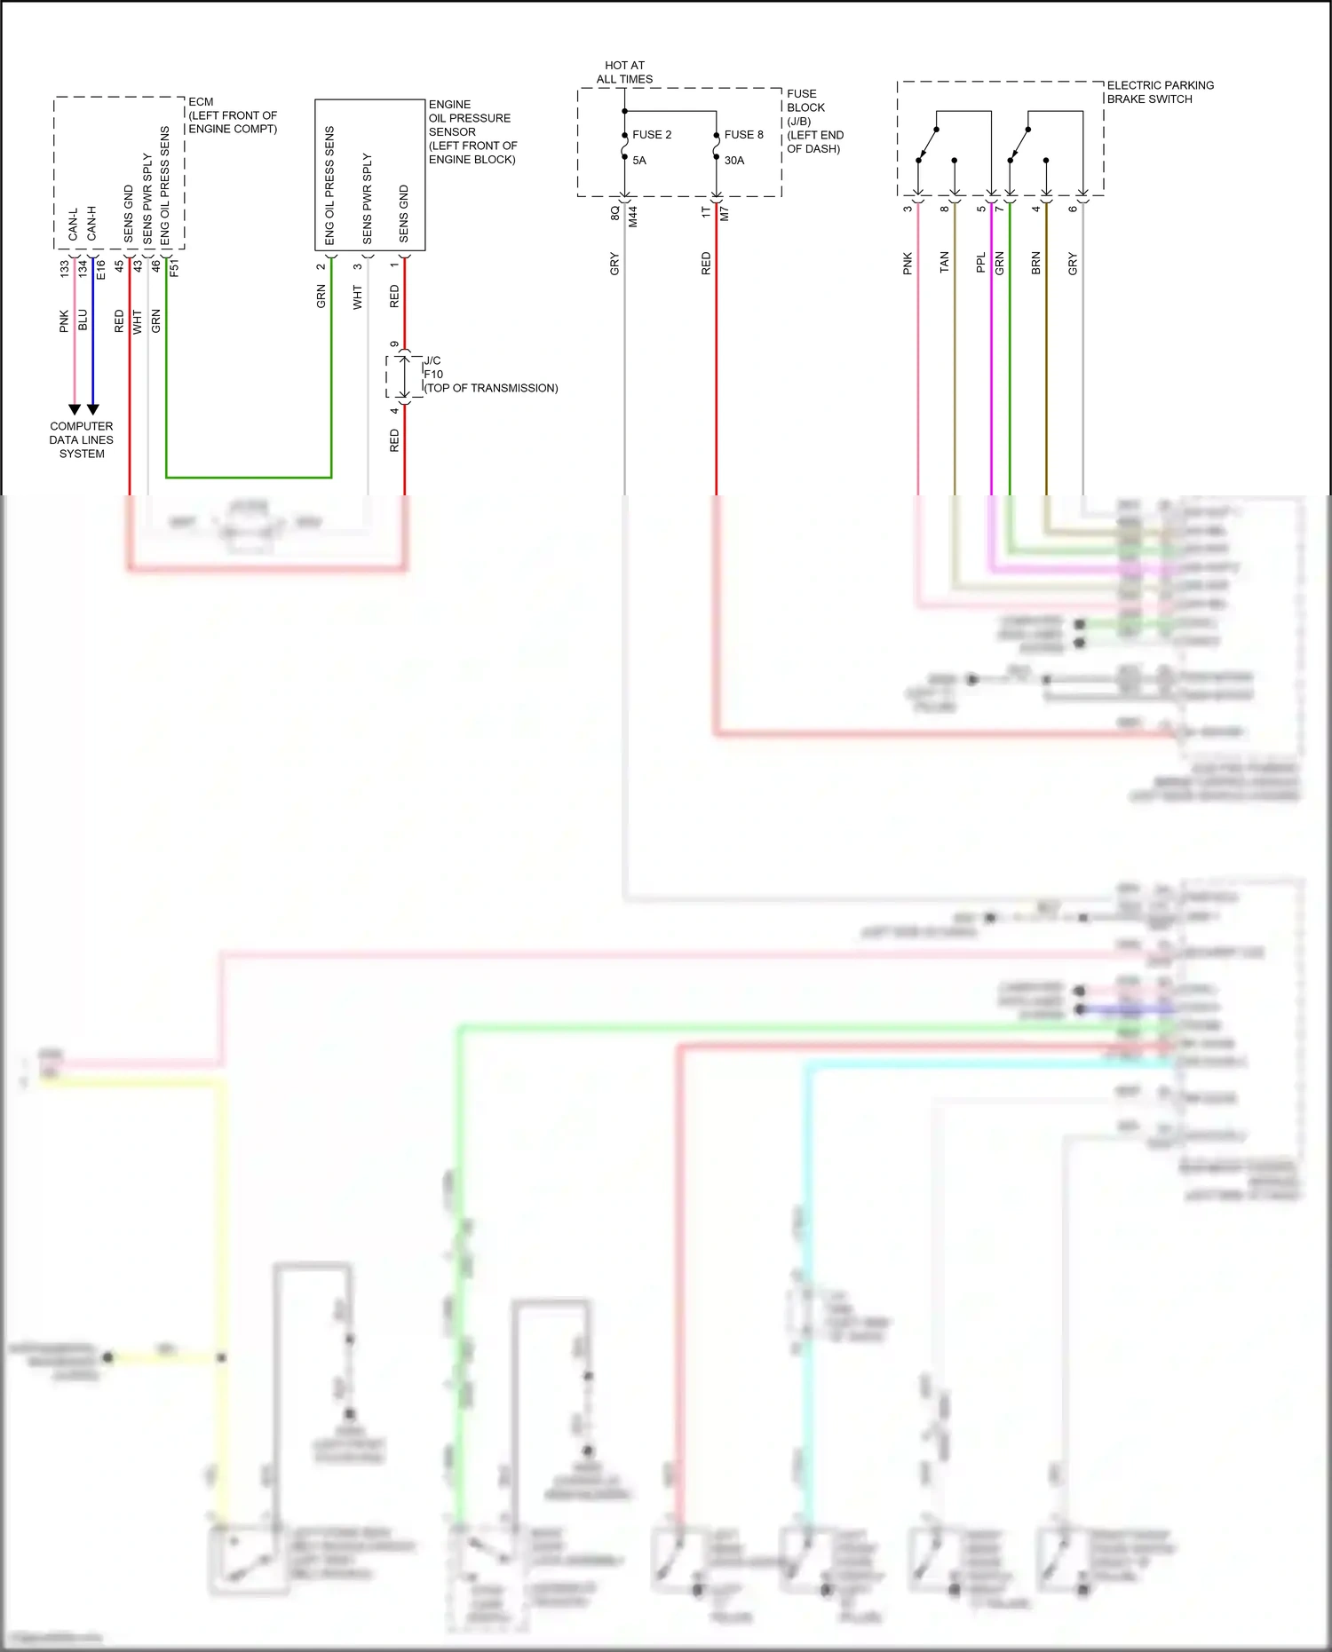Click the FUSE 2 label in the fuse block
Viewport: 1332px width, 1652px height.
[x=652, y=135]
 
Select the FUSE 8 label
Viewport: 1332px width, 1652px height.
[x=743, y=135]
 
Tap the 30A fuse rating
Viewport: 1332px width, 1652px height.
[x=734, y=161]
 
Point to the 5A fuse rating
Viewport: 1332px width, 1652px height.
[x=639, y=161]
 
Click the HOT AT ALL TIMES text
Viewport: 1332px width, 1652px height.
[x=624, y=72]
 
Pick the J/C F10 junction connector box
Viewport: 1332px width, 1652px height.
[x=404, y=377]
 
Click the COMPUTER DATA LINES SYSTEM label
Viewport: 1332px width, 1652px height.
[x=82, y=439]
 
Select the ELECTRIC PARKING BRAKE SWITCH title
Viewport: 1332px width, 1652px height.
[x=1160, y=92]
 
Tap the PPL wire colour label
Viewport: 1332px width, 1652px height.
[x=981, y=263]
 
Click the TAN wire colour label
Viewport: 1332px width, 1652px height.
[x=944, y=262]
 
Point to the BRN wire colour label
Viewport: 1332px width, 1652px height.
[x=1035, y=263]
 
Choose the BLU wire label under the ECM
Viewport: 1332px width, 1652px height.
[x=83, y=320]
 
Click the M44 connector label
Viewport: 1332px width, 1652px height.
[x=633, y=217]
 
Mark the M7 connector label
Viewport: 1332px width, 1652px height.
[x=724, y=214]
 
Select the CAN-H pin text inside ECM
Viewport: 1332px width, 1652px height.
[x=91, y=224]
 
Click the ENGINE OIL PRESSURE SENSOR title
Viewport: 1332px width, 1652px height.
[x=472, y=131]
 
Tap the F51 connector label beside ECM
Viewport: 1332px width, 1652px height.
[x=174, y=267]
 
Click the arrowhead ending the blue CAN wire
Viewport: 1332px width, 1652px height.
[x=92, y=409]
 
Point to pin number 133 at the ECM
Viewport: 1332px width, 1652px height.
[x=65, y=267]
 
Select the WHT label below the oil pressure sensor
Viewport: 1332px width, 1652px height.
[x=358, y=297]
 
